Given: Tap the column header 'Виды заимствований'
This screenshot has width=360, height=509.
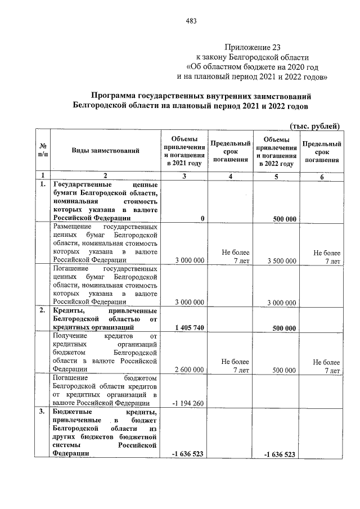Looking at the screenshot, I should tap(105, 151).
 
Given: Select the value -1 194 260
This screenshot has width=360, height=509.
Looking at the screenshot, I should tap(187, 403).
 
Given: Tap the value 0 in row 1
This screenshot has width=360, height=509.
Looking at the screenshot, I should tap(202, 218).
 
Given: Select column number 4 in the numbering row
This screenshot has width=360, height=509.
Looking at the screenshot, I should tap(230, 177).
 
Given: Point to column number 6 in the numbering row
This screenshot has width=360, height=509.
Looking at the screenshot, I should tap(322, 177).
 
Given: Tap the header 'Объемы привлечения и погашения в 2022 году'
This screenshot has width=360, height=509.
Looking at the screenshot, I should tap(276, 151).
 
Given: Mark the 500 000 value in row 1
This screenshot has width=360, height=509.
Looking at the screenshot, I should tap(284, 218).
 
